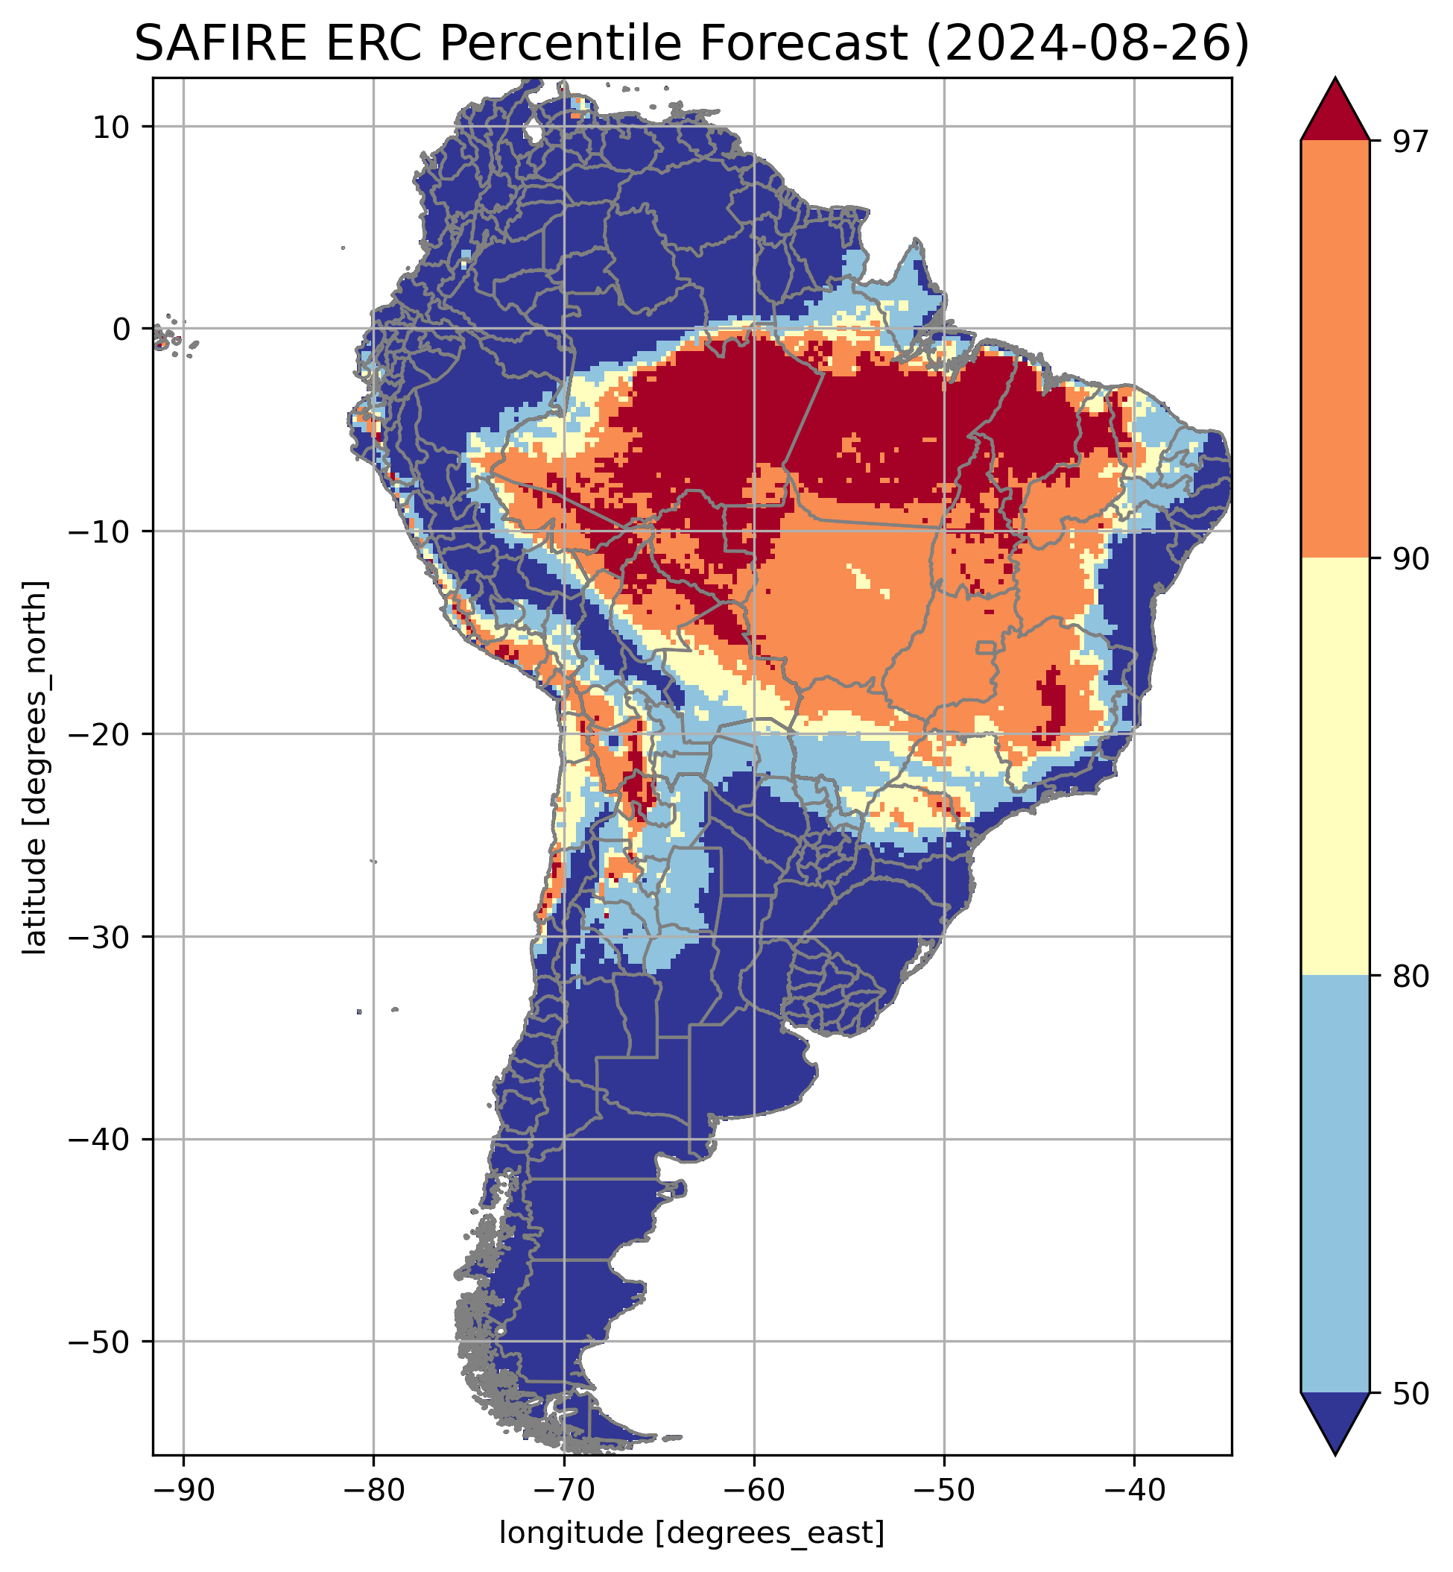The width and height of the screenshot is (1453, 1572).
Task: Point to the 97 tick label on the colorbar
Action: tap(1408, 142)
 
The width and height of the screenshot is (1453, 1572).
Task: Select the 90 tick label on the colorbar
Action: tap(1408, 559)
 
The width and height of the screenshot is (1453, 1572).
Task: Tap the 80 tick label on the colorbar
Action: tap(1408, 976)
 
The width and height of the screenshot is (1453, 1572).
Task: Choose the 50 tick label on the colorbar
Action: tap(1408, 1395)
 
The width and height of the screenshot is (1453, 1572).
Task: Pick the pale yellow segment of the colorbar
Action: tap(1335, 767)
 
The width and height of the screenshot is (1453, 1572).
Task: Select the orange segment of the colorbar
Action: tap(1335, 350)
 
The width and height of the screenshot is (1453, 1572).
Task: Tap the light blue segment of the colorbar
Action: tap(1335, 1184)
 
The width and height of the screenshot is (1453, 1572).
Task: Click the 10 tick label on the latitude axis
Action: tap(110, 127)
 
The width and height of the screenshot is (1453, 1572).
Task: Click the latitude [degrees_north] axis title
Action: tap(35, 768)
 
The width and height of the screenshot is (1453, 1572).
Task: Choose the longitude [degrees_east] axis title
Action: tap(692, 1532)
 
